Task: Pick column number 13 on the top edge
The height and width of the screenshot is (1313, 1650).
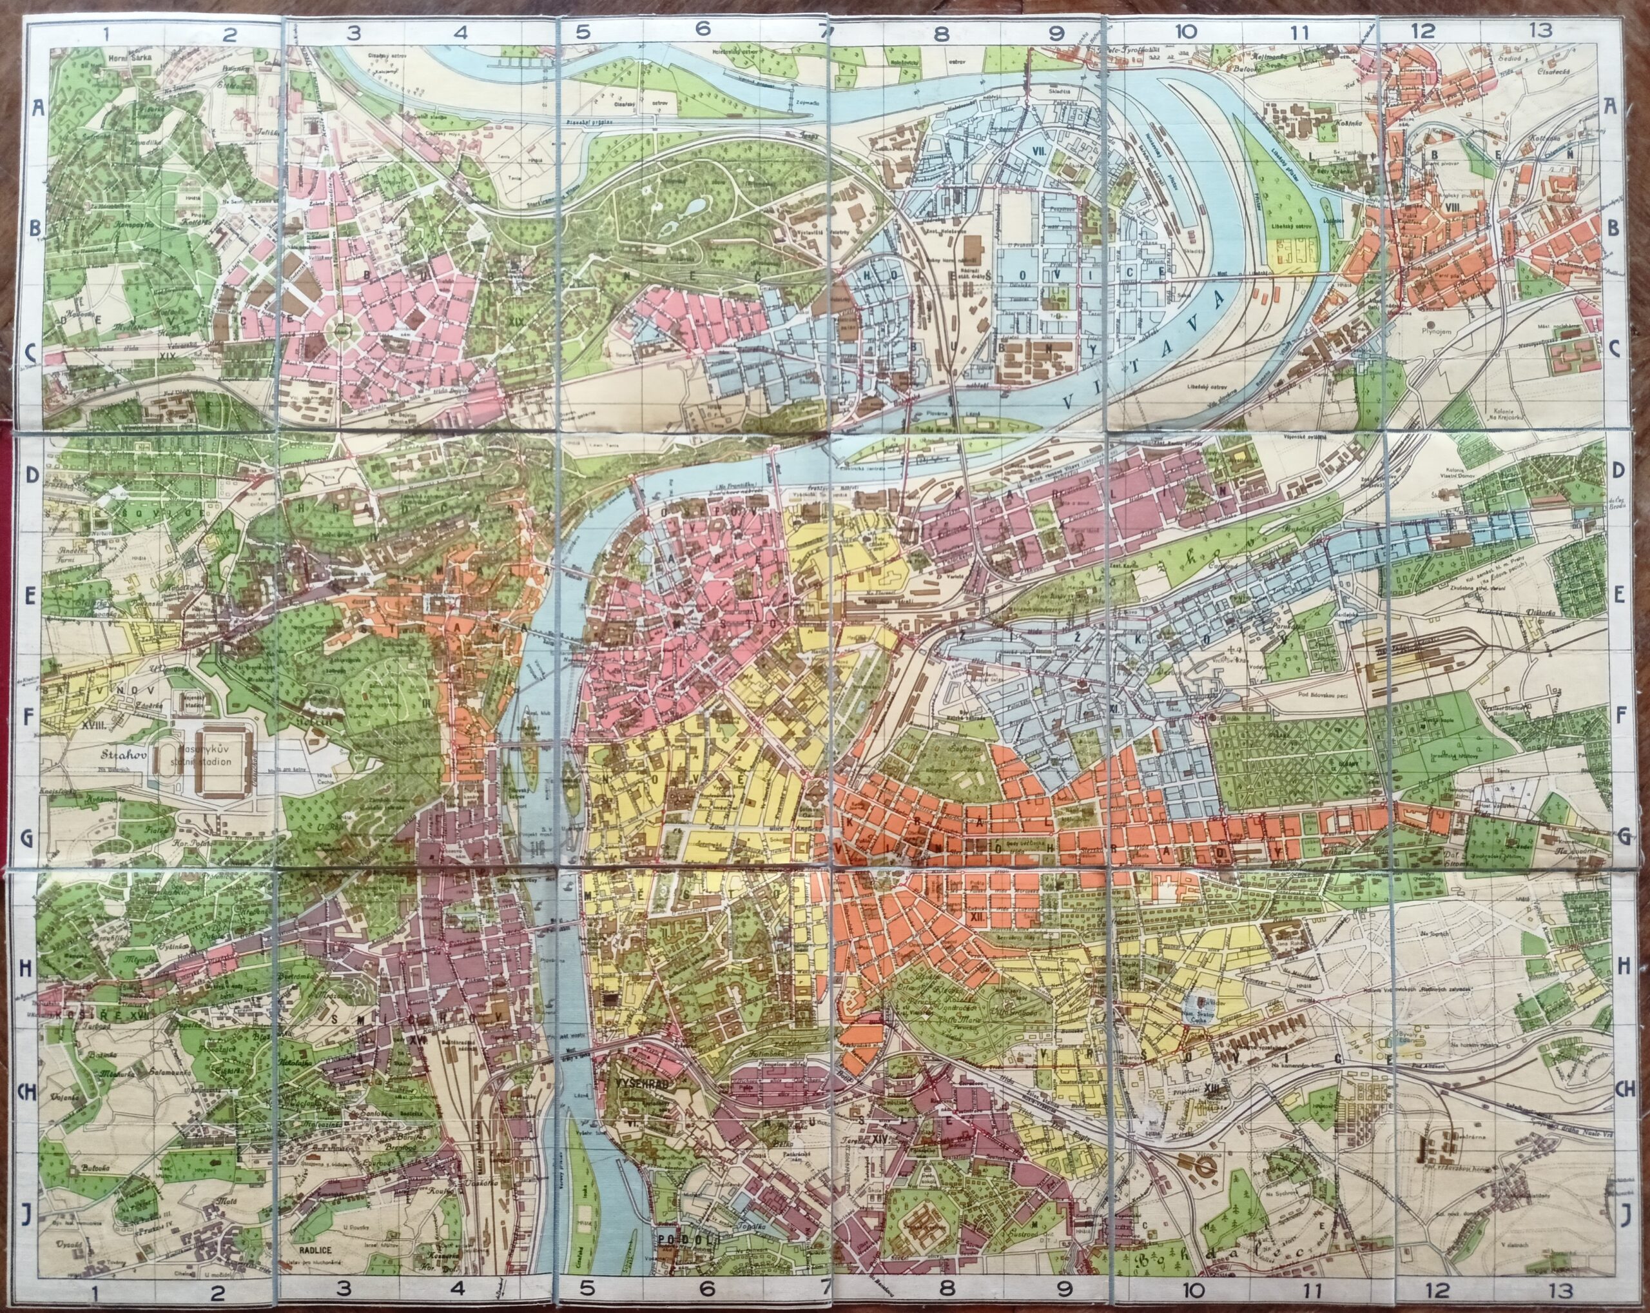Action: pyautogui.click(x=1540, y=30)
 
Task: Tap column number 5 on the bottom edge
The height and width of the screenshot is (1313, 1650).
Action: pyautogui.click(x=587, y=1288)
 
